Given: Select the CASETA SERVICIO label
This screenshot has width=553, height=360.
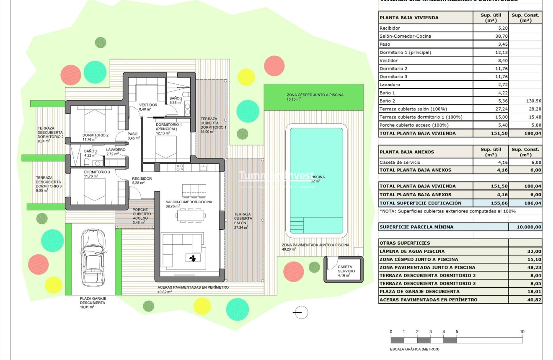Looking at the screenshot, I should pyautogui.click(x=346, y=269).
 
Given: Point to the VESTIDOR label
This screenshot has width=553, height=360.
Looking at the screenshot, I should pyautogui.click(x=148, y=105).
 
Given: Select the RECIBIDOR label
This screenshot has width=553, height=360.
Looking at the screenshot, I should pyautogui.click(x=142, y=179).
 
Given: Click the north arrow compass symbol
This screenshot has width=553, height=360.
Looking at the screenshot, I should pyautogui.click(x=300, y=312).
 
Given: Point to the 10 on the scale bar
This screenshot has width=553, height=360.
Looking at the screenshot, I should pyautogui.click(x=522, y=332).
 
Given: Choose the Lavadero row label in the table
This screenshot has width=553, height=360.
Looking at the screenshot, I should pyautogui.click(x=390, y=85).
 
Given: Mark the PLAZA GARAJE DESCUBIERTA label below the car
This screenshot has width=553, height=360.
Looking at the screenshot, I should pyautogui.click(x=93, y=301).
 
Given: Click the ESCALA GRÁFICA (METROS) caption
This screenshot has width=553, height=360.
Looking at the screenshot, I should pyautogui.click(x=415, y=349).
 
